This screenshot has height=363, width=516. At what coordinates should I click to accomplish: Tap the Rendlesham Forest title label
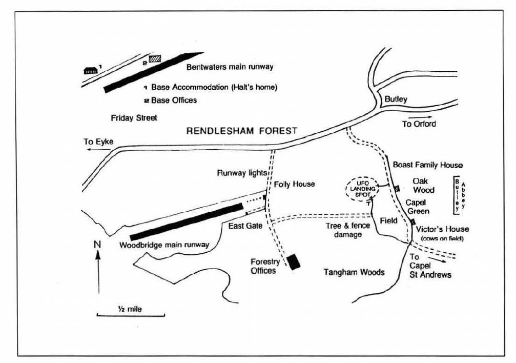pos(241,131)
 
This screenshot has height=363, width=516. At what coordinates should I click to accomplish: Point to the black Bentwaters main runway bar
pos(153,72)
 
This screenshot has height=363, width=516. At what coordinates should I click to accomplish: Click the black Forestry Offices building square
pos(293,262)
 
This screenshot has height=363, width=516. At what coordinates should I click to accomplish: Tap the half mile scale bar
pos(131,315)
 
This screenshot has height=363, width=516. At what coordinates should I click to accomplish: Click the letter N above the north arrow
pos(97,245)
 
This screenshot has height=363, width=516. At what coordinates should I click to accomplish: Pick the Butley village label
pos(396,99)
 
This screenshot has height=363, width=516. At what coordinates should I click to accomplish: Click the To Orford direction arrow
pos(420,117)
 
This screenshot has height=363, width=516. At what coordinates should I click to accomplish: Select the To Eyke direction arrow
pos(99,149)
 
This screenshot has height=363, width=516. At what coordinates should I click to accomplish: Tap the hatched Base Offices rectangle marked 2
pos(155,58)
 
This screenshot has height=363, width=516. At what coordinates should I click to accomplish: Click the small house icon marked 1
pos(91,70)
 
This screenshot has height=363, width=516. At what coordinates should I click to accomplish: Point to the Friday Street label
pos(134,117)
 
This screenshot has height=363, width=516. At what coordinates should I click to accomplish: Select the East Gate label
pos(245,226)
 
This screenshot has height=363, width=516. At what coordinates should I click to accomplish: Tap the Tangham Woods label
pos(354,272)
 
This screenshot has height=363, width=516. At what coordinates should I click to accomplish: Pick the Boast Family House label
pos(428,165)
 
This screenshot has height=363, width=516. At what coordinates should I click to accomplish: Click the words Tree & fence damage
pos(348,230)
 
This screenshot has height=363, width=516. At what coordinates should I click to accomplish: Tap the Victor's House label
pos(442,229)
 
